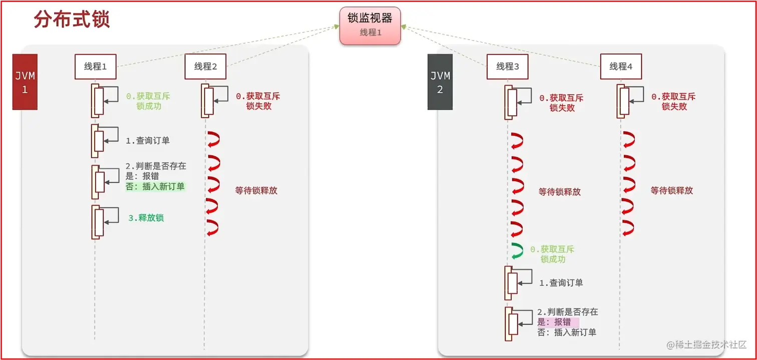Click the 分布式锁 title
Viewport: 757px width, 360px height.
(x=72, y=20)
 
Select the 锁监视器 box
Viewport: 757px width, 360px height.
(x=370, y=25)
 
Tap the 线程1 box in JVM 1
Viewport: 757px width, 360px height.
(x=95, y=67)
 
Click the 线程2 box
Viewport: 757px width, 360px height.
(x=205, y=67)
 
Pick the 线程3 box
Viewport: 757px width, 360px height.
(x=508, y=67)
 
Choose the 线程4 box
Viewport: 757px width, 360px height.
(x=621, y=67)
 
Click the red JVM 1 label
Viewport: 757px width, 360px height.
(x=25, y=82)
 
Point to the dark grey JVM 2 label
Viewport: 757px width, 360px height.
(x=440, y=82)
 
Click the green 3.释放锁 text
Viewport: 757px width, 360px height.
(x=146, y=218)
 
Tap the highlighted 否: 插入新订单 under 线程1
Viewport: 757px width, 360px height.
(x=155, y=187)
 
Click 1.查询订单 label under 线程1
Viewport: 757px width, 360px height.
(x=147, y=141)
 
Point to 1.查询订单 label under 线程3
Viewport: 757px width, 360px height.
(x=561, y=283)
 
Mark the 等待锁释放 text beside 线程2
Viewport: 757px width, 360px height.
(x=256, y=191)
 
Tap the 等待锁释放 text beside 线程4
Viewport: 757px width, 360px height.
(x=672, y=191)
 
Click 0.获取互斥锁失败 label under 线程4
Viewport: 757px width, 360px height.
(x=673, y=102)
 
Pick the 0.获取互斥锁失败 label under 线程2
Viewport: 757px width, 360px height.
(x=258, y=102)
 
